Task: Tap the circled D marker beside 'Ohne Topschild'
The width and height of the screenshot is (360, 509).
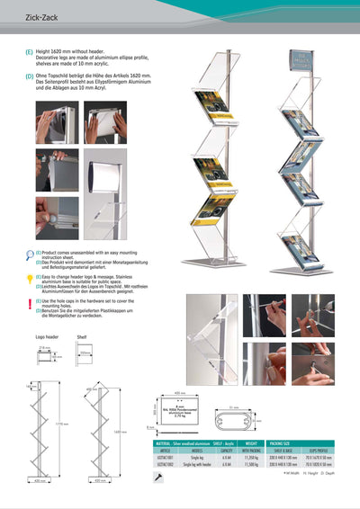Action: (30, 76)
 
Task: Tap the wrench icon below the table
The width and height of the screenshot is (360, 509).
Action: (159, 478)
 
